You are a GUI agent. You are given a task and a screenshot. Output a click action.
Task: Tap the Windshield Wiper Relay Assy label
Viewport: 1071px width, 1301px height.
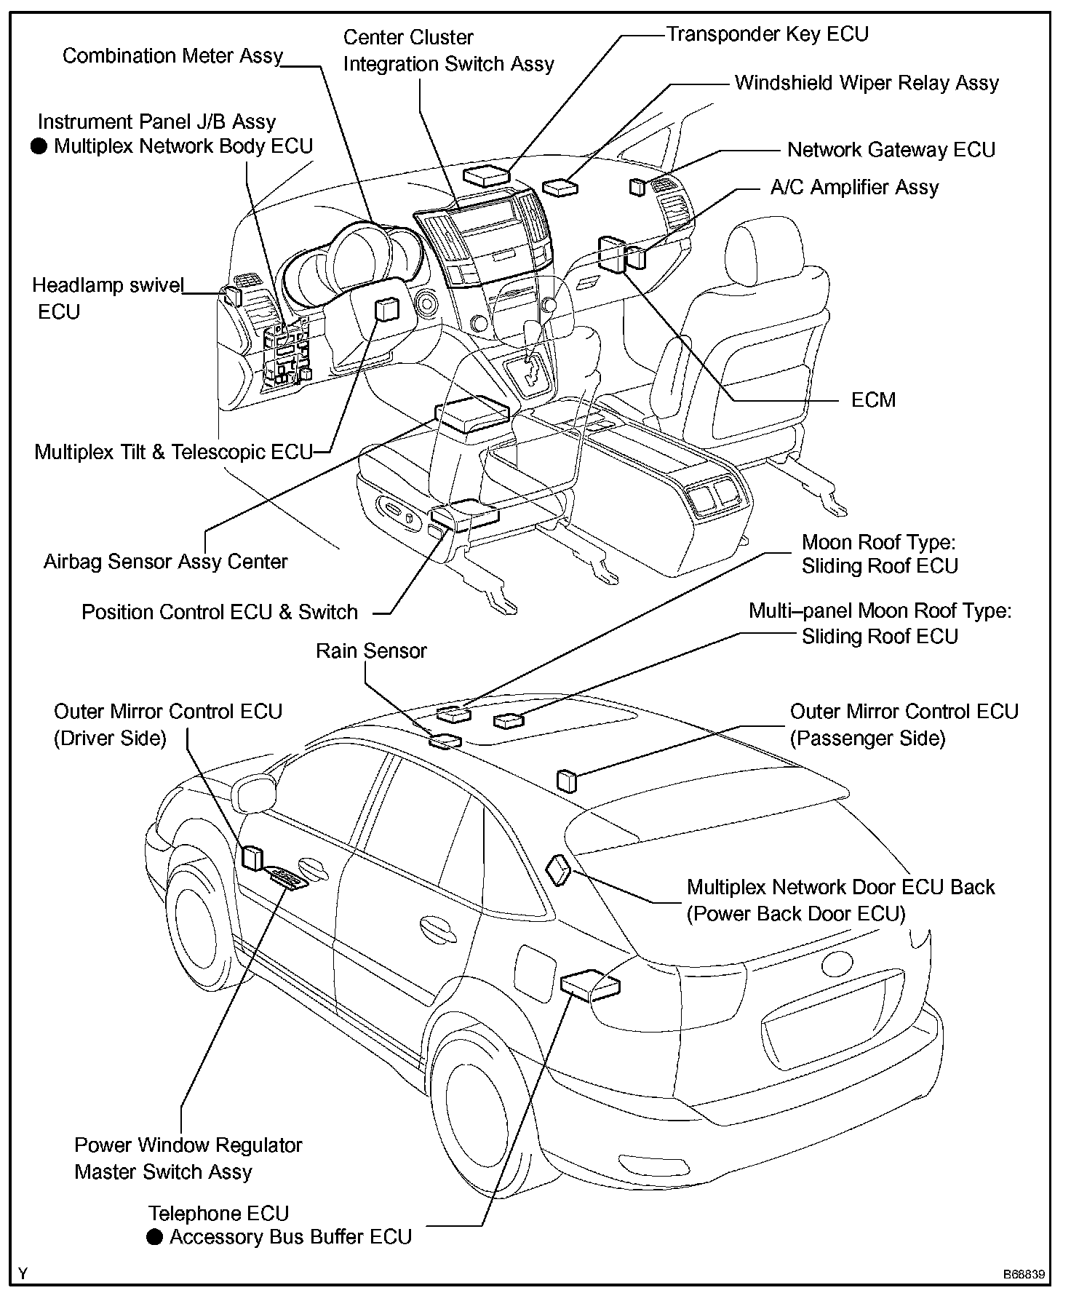point(866,83)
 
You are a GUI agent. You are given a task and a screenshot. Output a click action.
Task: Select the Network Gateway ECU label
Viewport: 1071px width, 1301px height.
point(891,150)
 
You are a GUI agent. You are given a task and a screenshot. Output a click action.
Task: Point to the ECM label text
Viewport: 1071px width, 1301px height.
point(873,400)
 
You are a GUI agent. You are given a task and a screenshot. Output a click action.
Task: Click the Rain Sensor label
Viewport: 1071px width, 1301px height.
point(370,650)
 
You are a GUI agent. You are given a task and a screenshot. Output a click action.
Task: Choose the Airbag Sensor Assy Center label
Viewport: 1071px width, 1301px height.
point(165,562)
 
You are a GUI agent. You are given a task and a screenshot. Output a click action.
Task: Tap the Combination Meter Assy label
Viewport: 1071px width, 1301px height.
point(172,56)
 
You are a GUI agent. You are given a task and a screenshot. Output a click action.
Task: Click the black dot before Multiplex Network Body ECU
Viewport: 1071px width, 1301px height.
point(39,147)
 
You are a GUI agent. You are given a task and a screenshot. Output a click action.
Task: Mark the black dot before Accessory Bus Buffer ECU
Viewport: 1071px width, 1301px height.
point(154,1236)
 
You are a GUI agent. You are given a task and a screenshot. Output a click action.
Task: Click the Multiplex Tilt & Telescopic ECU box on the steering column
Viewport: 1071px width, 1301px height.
point(386,310)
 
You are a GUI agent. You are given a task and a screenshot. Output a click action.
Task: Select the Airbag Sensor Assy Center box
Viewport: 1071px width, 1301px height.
point(471,415)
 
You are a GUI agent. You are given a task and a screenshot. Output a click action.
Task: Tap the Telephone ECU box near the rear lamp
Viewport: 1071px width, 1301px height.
point(590,986)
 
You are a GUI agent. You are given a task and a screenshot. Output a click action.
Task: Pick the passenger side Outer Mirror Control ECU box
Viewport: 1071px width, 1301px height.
point(566,780)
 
